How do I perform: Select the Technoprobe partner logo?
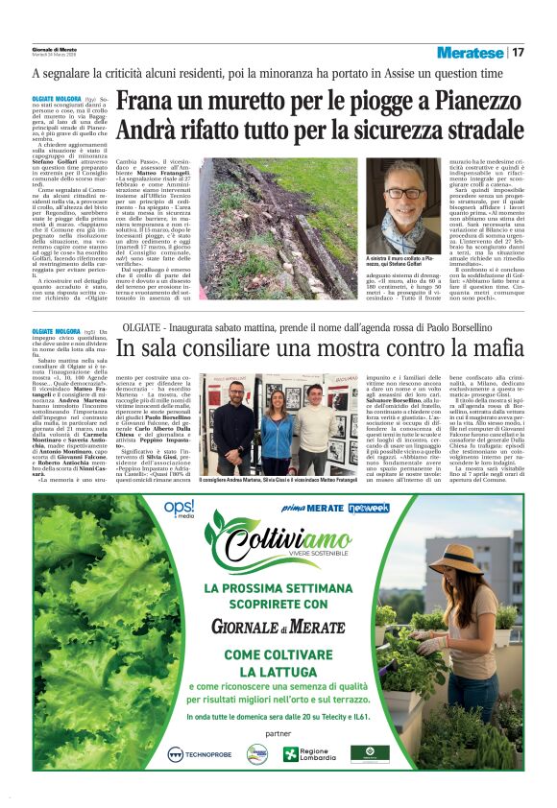coord(199,754)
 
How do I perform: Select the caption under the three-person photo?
coord(269,479)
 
